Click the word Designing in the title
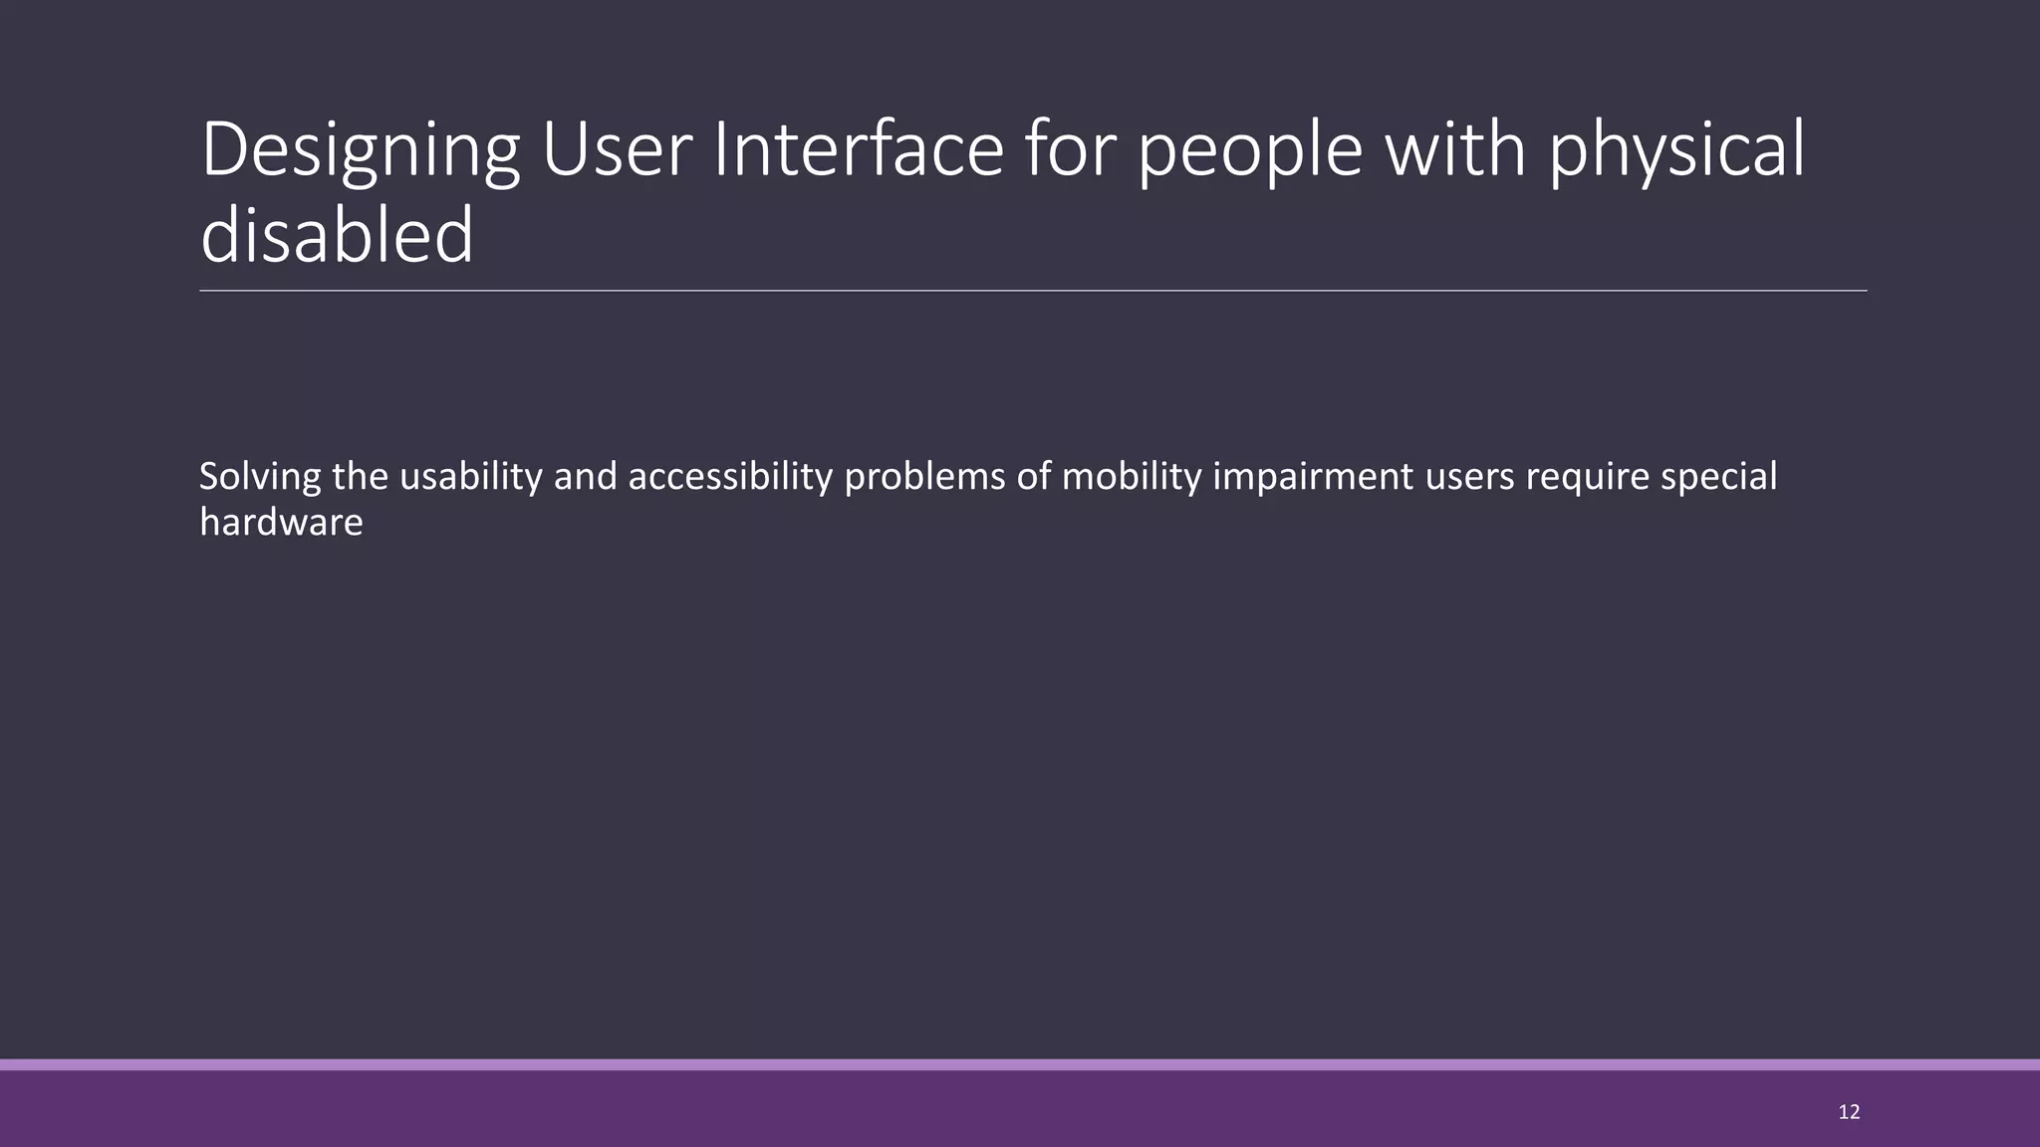pyautogui.click(x=360, y=151)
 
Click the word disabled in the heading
pyautogui.click(x=337, y=236)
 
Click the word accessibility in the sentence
pyautogui.click(x=729, y=478)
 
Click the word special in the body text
pyautogui.click(x=1719, y=478)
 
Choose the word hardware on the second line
pyautogui.click(x=281, y=523)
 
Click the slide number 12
pyautogui.click(x=1849, y=1112)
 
